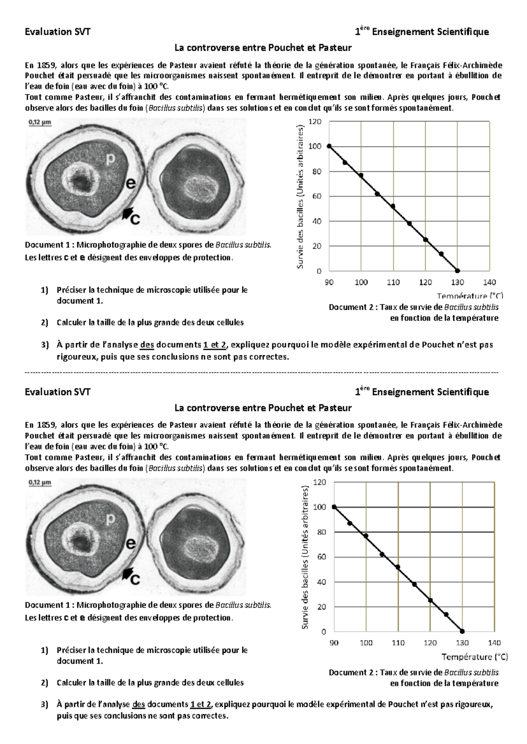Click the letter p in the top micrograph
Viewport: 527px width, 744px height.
[x=111, y=159]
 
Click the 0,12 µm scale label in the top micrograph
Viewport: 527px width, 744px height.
[x=40, y=123]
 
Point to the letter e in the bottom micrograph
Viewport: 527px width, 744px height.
[x=130, y=544]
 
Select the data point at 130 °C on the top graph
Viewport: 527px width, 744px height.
[x=457, y=271]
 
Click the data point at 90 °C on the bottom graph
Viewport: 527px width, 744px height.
[x=334, y=507]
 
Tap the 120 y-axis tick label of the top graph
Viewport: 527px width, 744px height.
[x=315, y=122]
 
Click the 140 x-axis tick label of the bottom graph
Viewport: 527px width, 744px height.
[x=494, y=643]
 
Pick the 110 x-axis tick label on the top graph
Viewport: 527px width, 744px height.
[x=393, y=282]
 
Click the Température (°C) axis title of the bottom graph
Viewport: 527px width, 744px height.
[x=474, y=657]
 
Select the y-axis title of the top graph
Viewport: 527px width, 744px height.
[x=300, y=197]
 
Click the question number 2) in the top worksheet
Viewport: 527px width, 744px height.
[x=44, y=322]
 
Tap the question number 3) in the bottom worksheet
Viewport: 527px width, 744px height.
[x=44, y=705]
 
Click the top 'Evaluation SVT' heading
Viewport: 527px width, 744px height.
[x=58, y=32]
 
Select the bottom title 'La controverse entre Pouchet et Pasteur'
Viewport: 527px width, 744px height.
[x=263, y=408]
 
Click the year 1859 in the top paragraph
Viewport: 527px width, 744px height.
[x=46, y=65]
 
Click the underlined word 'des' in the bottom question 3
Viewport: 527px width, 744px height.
[x=138, y=705]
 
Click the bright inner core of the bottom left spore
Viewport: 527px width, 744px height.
[x=80, y=539]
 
